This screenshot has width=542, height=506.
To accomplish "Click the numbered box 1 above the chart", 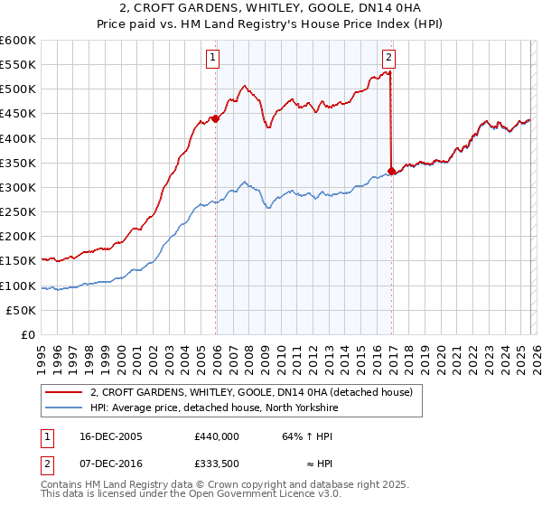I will click(x=213, y=58).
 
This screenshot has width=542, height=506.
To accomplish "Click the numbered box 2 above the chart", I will click(x=388, y=58).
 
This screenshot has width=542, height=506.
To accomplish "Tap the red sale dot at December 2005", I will click(x=216, y=117).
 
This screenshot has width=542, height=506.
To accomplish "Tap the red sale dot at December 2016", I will click(x=391, y=170).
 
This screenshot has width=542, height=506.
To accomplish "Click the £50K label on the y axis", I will click(x=22, y=310).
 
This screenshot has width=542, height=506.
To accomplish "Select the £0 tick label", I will click(x=28, y=334).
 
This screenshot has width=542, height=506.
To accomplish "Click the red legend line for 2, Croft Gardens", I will click(x=64, y=392).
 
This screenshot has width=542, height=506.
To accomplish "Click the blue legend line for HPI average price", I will click(x=64, y=407).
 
